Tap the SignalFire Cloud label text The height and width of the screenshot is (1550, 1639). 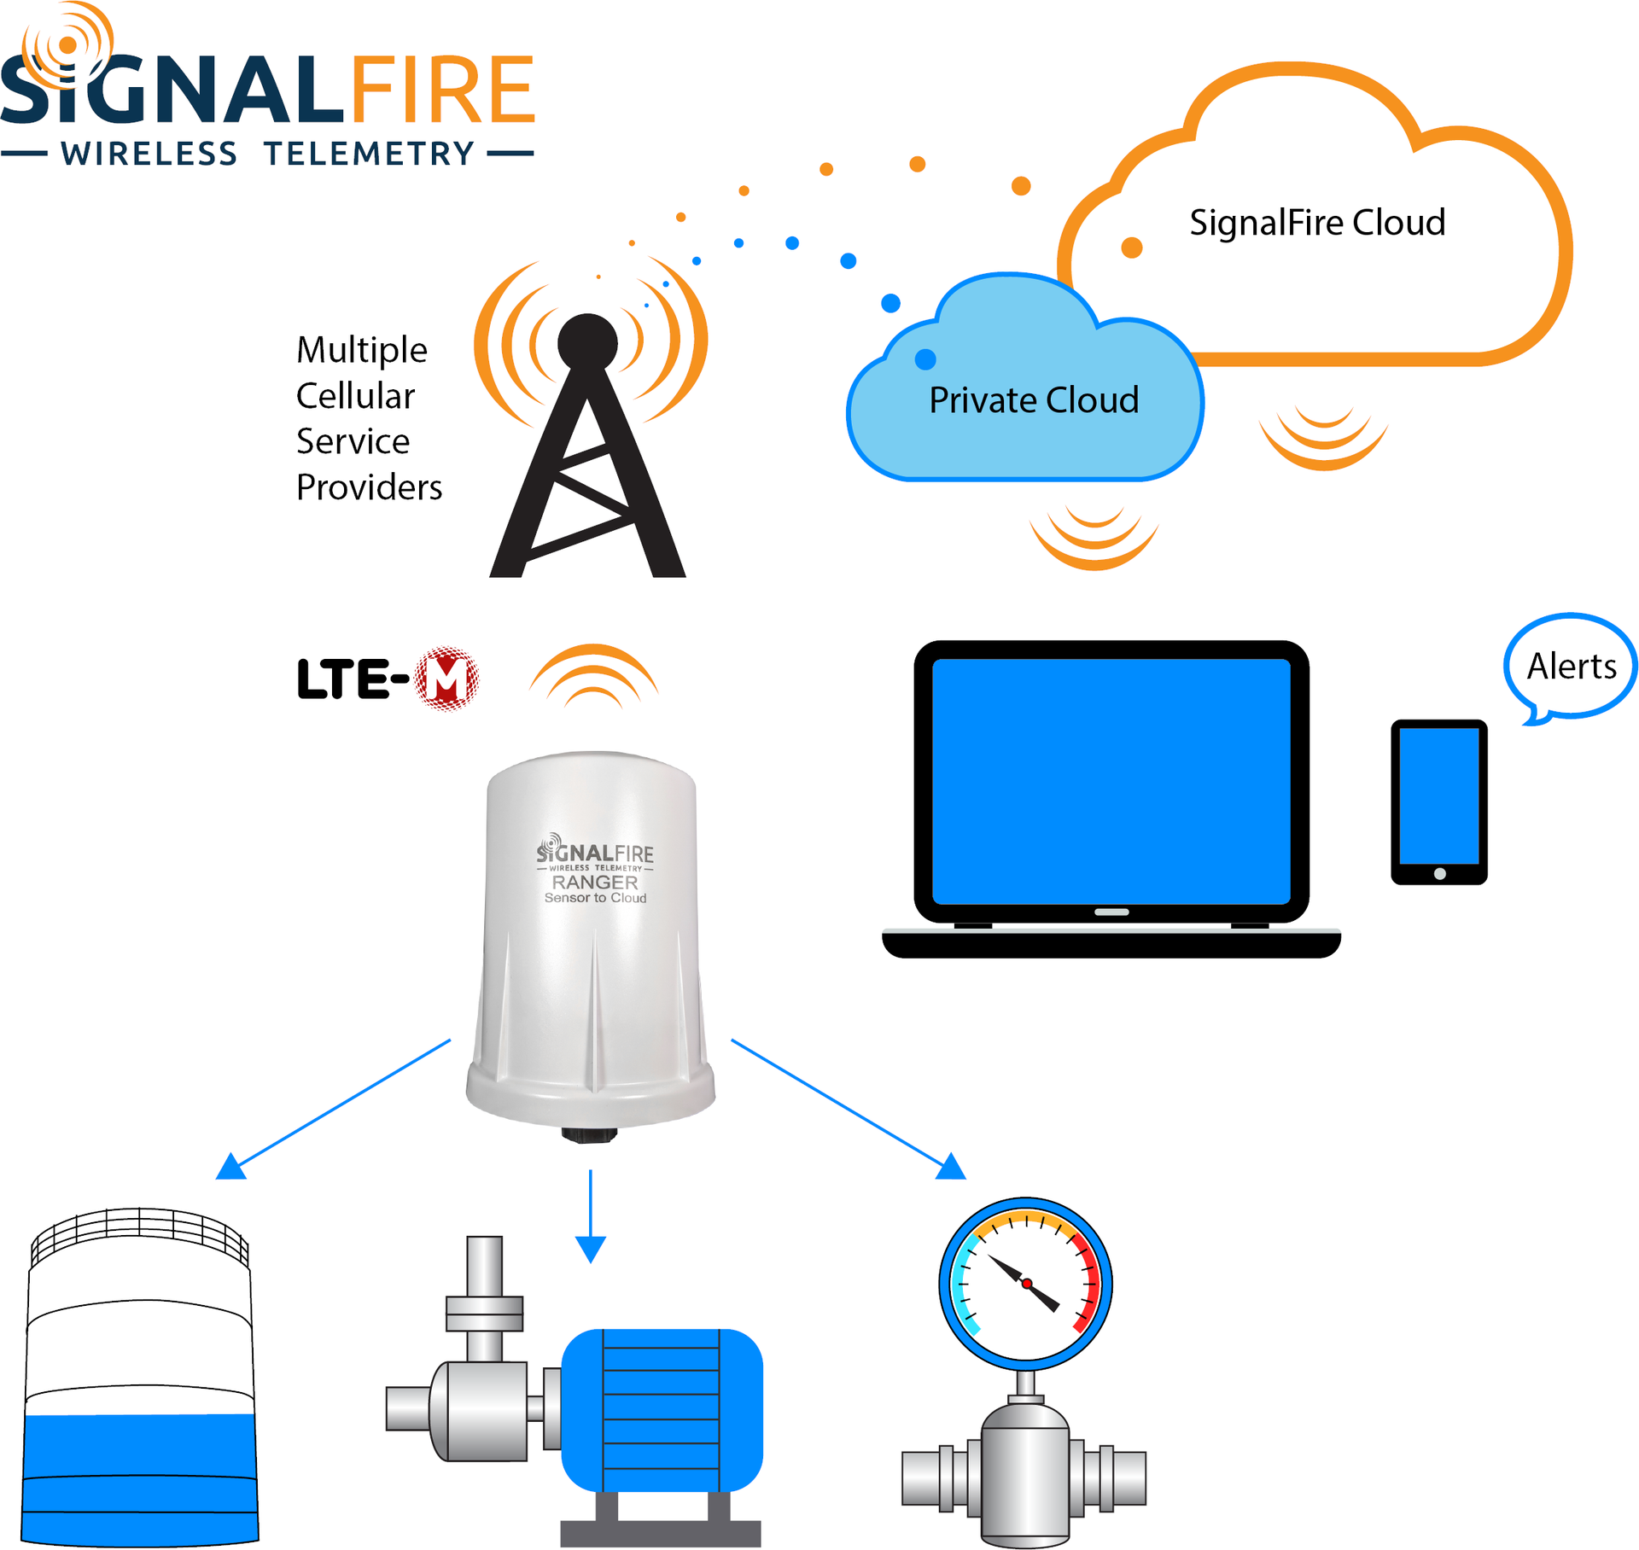tap(1317, 223)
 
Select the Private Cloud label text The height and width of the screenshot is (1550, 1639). tap(1034, 400)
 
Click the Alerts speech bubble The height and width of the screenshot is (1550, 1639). tap(1571, 666)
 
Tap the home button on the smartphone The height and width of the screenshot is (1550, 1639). tap(1439, 873)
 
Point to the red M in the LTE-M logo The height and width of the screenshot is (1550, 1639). tap(446, 679)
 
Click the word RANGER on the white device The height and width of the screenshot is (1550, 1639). tap(595, 883)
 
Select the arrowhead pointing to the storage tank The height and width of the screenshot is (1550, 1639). tap(230, 1168)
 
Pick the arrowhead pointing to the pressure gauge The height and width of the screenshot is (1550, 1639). tap(951, 1168)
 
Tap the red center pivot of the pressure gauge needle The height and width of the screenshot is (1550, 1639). tap(1027, 1284)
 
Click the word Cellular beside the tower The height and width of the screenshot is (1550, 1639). tap(355, 396)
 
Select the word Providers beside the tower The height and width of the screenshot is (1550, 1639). tap(369, 487)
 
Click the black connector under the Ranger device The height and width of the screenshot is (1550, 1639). tap(589, 1134)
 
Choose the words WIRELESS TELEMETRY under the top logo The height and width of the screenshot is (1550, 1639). tap(267, 154)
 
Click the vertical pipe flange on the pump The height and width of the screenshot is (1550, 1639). tap(484, 1314)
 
